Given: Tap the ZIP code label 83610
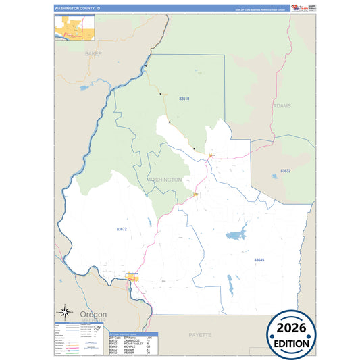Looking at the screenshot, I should pos(184,99).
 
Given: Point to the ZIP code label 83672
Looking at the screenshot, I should pos(122,230).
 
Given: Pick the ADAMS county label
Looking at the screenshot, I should pos(283,106).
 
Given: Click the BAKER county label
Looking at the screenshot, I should pos(93,53).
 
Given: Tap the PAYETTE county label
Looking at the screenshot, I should pos(200,334).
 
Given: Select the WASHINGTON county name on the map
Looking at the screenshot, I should pos(164,180).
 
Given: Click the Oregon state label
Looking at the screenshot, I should pos(93,315).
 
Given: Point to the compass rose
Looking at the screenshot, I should pos(64,312).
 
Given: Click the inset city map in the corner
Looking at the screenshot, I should pos(72,26).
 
